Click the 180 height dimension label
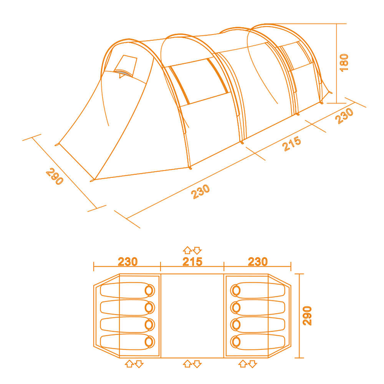pyautogui.click(x=344, y=63)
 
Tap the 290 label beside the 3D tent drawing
pyautogui.click(x=54, y=176)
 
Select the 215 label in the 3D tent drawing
pyautogui.click(x=292, y=144)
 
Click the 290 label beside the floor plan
pyautogui.click(x=307, y=315)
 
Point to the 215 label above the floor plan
pyautogui.click(x=193, y=262)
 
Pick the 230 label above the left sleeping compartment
pyautogui.click(x=128, y=262)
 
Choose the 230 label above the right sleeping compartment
pyautogui.click(x=258, y=262)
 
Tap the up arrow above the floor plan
pyautogui.click(x=187, y=250)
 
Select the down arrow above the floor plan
pyautogui.click(x=197, y=250)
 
